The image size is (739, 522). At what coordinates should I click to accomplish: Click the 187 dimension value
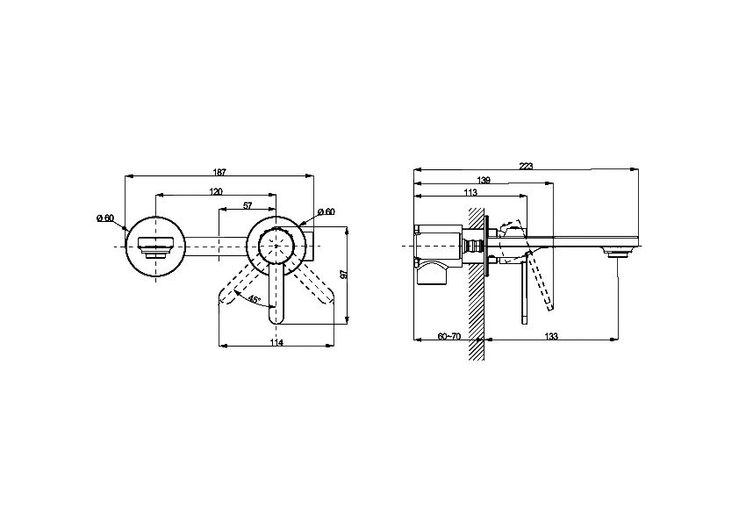(x=219, y=172)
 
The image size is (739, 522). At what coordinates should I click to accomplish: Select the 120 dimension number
(x=216, y=191)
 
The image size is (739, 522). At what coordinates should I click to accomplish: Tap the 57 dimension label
(x=248, y=205)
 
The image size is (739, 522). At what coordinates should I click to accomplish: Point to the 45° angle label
(x=255, y=299)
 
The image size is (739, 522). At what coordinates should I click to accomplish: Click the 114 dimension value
(x=277, y=342)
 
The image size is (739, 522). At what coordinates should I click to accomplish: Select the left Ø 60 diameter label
(x=105, y=218)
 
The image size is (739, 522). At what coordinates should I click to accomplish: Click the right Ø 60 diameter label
(x=326, y=211)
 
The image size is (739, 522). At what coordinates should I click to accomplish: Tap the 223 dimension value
(x=526, y=166)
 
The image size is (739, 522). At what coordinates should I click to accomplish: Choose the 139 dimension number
(x=484, y=180)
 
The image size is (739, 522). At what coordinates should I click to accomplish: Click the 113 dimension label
(x=470, y=192)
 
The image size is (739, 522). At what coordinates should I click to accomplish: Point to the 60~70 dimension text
(x=449, y=336)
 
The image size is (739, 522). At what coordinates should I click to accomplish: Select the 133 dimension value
(x=551, y=336)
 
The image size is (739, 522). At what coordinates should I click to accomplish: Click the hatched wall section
(x=477, y=283)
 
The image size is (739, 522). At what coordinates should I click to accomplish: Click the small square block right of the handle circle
(x=309, y=246)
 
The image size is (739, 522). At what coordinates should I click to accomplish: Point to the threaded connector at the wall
(x=470, y=246)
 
